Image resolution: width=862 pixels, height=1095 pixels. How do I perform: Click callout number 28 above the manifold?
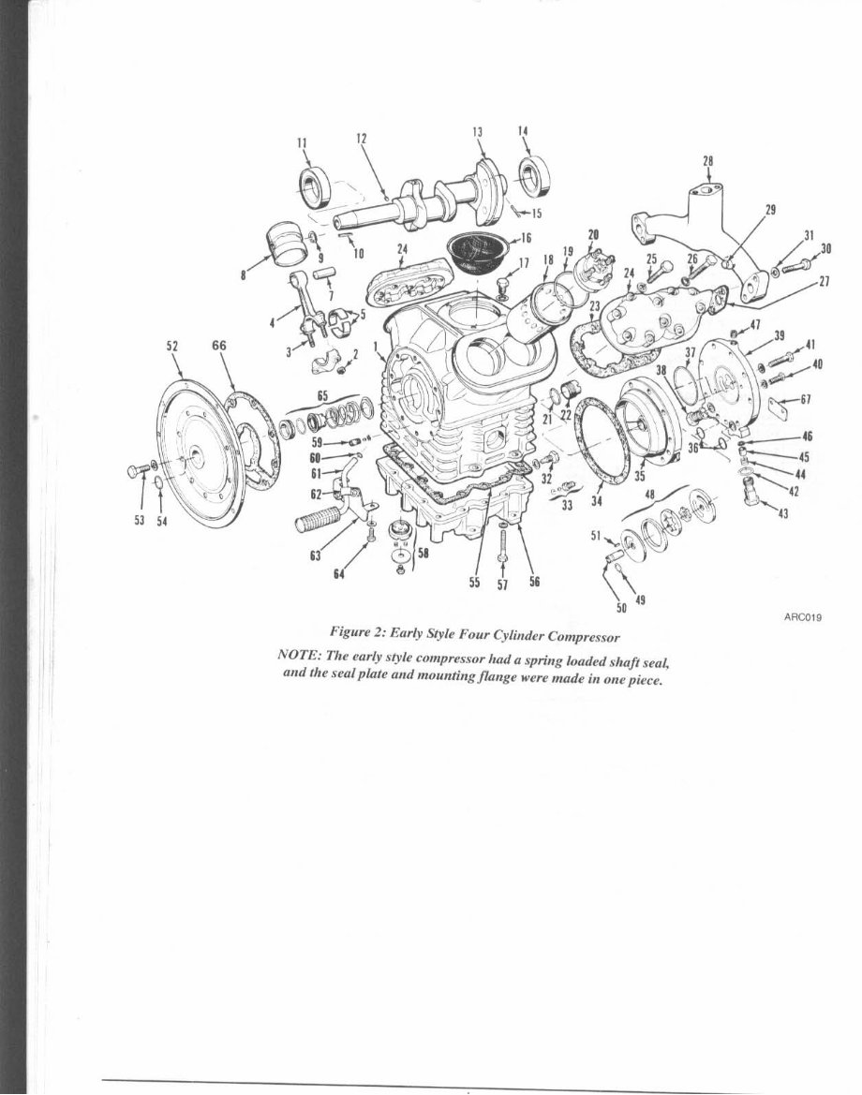(x=707, y=160)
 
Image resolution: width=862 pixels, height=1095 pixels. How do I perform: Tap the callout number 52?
(x=172, y=346)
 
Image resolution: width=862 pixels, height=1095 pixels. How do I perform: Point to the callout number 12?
(x=361, y=138)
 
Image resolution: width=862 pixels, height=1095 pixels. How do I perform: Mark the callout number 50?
(x=620, y=608)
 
